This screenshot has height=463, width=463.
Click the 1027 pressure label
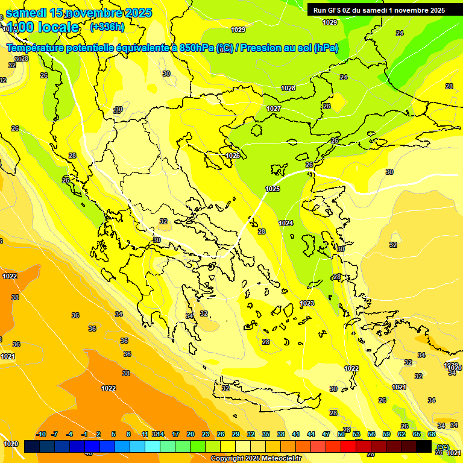[274, 109]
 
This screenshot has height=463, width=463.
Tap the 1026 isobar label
[233, 156]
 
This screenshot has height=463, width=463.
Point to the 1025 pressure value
[272, 189]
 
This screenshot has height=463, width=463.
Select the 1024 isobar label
[286, 223]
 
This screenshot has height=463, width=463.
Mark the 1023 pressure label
[307, 303]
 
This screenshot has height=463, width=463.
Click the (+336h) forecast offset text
[107, 27]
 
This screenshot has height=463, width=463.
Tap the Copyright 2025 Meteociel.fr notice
[256, 459]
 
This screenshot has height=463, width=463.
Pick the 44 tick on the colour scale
[311, 434]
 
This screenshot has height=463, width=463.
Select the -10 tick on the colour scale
[41, 434]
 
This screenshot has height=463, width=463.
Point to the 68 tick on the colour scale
[432, 434]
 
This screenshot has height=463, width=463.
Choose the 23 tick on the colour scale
[206, 434]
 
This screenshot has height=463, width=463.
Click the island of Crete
[265, 395]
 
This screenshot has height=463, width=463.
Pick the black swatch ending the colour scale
[424, 446]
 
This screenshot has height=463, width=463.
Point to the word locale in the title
[58, 27]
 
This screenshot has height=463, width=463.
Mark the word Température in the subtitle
[35, 48]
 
